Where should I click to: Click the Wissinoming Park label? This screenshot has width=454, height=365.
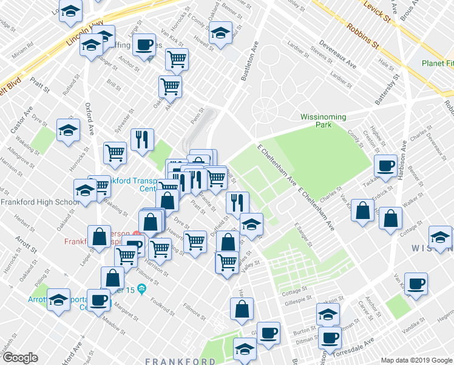pyautogui.click(x=323, y=120)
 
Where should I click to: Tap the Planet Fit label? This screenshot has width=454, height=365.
pyautogui.click(x=438, y=63)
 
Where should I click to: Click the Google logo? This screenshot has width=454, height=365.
pyautogui.click(x=21, y=358)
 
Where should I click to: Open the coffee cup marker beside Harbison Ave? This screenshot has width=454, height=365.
pyautogui.click(x=385, y=165)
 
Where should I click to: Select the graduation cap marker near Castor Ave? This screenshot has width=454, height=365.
pyautogui.click(x=68, y=130)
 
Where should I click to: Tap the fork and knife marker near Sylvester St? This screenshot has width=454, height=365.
pyautogui.click(x=142, y=139)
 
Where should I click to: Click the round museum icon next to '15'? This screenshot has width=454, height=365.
pyautogui.click(x=141, y=288)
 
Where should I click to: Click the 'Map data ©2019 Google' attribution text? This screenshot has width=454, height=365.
pyautogui.click(x=416, y=360)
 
